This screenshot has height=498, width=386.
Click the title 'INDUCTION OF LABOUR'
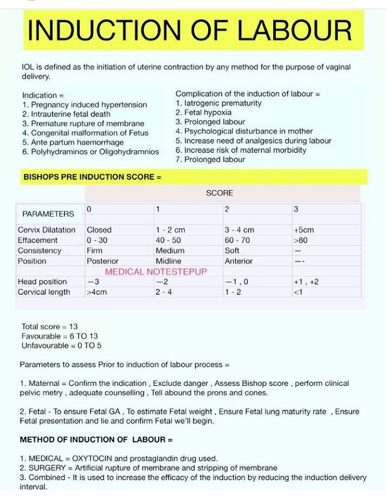click(x=190, y=30)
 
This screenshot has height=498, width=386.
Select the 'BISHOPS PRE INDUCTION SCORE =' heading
click(x=92, y=177)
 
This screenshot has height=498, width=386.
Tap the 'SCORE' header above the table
click(x=220, y=193)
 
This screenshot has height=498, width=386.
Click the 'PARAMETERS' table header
click(x=48, y=214)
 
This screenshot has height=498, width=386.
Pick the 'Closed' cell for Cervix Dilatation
click(x=99, y=230)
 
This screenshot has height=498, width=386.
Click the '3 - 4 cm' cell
click(x=239, y=230)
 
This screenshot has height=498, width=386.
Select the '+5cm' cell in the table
click(x=304, y=230)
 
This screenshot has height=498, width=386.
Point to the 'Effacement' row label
click(x=37, y=240)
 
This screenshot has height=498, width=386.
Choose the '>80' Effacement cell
click(x=300, y=240)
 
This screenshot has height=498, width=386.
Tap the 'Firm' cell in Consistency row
click(x=94, y=250)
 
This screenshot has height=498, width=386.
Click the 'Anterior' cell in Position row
click(x=239, y=261)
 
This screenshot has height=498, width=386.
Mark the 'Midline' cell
click(x=169, y=261)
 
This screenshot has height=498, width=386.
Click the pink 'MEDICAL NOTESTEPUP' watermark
click(x=156, y=271)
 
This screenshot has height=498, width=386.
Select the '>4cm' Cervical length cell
click(x=97, y=292)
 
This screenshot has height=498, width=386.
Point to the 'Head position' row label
click(x=42, y=282)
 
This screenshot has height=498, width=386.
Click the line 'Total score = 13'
click(x=50, y=327)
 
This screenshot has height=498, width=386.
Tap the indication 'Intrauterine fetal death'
click(x=70, y=114)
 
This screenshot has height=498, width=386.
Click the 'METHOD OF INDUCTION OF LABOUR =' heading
click(x=97, y=439)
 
